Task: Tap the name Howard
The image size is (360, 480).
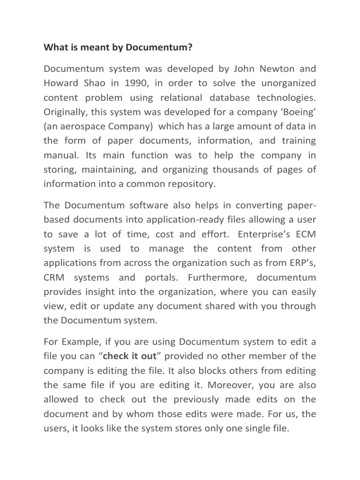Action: point(62,83)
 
